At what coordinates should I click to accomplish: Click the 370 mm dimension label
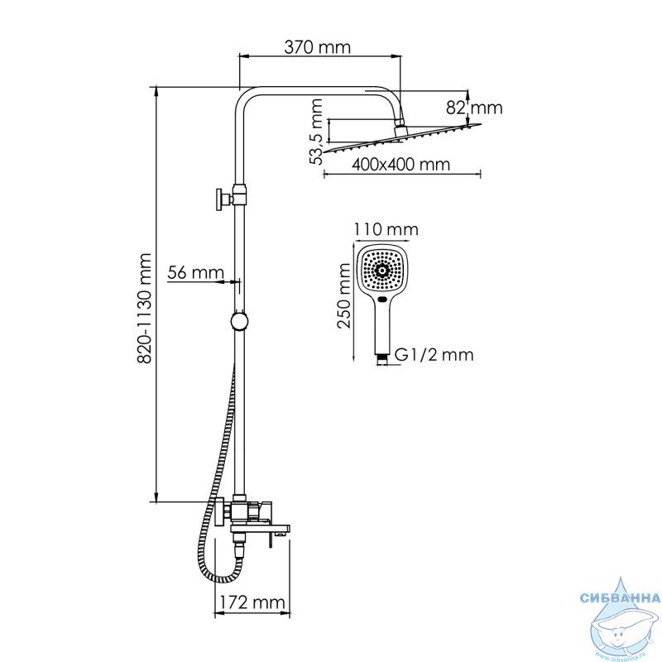(x=317, y=47)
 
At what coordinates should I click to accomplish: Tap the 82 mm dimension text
(x=474, y=108)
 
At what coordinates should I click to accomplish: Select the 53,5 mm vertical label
(x=315, y=132)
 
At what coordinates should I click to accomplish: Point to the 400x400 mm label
(x=401, y=164)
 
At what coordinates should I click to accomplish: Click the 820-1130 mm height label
(x=144, y=308)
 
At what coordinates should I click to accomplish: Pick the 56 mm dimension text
(x=195, y=272)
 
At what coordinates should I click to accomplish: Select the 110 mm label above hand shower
(x=386, y=229)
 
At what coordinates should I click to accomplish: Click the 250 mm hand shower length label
(x=344, y=295)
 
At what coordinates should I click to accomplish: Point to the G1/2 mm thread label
(x=434, y=355)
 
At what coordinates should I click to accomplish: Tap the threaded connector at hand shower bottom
(x=382, y=359)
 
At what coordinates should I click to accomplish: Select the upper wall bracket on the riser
(x=231, y=198)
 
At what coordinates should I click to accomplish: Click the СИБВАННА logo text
(x=620, y=597)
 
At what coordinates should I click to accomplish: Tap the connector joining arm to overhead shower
(x=400, y=129)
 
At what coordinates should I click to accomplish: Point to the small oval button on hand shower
(x=382, y=300)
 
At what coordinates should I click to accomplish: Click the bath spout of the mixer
(x=261, y=529)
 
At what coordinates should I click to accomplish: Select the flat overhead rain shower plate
(x=402, y=138)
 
